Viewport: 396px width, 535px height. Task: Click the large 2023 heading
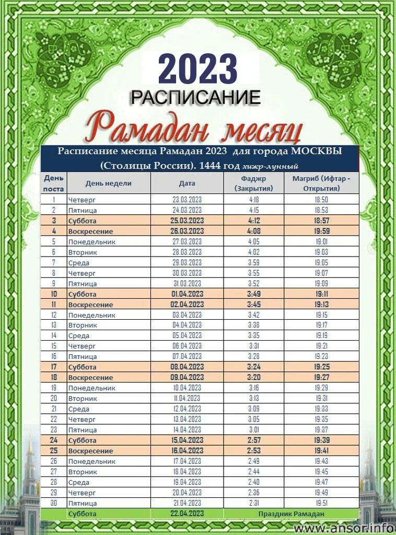[197, 69]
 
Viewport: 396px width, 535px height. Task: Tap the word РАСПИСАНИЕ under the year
[195, 97]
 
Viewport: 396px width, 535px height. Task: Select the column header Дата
[187, 183]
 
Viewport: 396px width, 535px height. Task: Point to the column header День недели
[109, 183]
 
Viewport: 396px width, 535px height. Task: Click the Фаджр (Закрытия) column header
[254, 183]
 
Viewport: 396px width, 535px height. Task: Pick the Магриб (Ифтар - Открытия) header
[321, 183]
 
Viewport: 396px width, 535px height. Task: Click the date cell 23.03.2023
[187, 200]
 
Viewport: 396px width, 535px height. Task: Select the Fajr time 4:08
[254, 231]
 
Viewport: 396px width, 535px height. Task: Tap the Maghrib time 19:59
[321, 231]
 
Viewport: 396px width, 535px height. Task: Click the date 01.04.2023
[187, 294]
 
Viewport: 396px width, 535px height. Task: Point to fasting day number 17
[54, 367]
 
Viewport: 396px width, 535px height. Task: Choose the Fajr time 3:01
[254, 429]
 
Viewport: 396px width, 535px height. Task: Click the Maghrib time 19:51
[321, 503]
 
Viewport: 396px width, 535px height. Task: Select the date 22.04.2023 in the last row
[187, 514]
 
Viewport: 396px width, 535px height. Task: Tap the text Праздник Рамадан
[291, 514]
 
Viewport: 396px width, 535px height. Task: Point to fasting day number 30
[54, 503]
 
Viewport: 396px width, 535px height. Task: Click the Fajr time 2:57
[254, 440]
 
